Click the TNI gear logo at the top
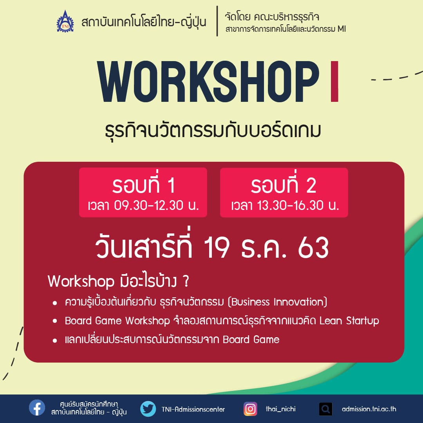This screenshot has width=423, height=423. [x=65, y=21]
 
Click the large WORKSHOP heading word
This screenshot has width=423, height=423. [x=208, y=81]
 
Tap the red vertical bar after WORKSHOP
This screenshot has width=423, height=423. [x=334, y=81]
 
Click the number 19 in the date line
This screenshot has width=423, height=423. [x=217, y=248]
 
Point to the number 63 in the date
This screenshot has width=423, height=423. [x=313, y=248]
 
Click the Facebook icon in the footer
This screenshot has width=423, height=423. [x=37, y=408]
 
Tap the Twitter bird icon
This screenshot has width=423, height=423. [x=148, y=409]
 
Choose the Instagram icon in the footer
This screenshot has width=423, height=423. [x=250, y=409]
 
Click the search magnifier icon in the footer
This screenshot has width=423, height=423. [x=325, y=409]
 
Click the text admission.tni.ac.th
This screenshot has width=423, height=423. [x=369, y=409]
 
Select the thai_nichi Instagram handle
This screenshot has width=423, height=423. [x=280, y=409]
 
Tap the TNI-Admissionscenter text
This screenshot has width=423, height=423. [x=193, y=409]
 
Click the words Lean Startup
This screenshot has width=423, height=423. [x=349, y=321]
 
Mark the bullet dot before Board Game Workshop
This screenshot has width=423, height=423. [x=55, y=321]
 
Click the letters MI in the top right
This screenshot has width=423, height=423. [x=342, y=29]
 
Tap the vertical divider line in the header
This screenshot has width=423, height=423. [x=217, y=21]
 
